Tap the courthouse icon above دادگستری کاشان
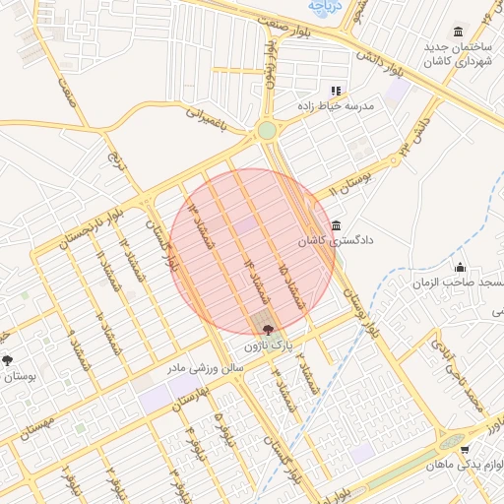pyautogui.click(x=338, y=225)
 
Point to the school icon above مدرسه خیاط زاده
pyautogui.click(x=336, y=90)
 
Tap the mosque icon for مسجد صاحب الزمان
pyautogui.click(x=460, y=268)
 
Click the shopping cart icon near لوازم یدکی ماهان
pyautogui.click(x=465, y=450)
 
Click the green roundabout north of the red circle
pyautogui.click(x=267, y=131)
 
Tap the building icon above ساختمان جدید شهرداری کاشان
pyautogui.click(x=458, y=32)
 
